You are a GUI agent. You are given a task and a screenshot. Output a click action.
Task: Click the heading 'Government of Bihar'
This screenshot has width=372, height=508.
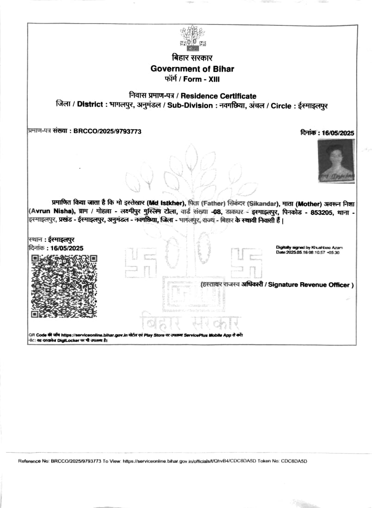click(x=192, y=69)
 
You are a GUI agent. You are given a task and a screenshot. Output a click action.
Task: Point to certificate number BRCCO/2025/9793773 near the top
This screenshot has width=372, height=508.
click(x=107, y=132)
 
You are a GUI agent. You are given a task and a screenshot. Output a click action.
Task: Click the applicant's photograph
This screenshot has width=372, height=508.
click(x=336, y=160)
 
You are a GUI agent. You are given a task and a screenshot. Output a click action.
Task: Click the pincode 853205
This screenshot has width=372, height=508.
click(x=320, y=211)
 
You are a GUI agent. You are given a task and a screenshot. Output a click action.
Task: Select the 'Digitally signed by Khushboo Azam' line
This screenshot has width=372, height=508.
click(x=309, y=248)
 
